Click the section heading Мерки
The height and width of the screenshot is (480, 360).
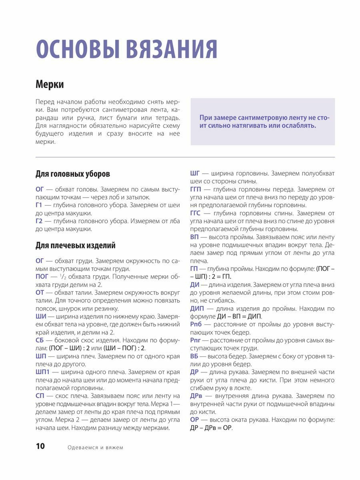[50, 85]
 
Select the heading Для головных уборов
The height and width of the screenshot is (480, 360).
[73, 174]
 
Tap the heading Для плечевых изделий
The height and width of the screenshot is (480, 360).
[76, 245]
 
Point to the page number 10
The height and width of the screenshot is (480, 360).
[40, 446]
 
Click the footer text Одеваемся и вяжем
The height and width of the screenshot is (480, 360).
[95, 448]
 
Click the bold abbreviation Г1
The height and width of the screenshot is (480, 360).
[39, 205]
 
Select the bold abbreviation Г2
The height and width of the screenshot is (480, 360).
[39, 221]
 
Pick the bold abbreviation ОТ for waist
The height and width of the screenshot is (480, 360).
[40, 292]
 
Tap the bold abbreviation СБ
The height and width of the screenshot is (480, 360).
[40, 340]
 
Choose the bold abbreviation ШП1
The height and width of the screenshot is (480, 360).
[43, 372]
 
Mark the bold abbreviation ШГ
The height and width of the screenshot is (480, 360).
[195, 174]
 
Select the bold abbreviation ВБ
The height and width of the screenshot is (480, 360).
[194, 356]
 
